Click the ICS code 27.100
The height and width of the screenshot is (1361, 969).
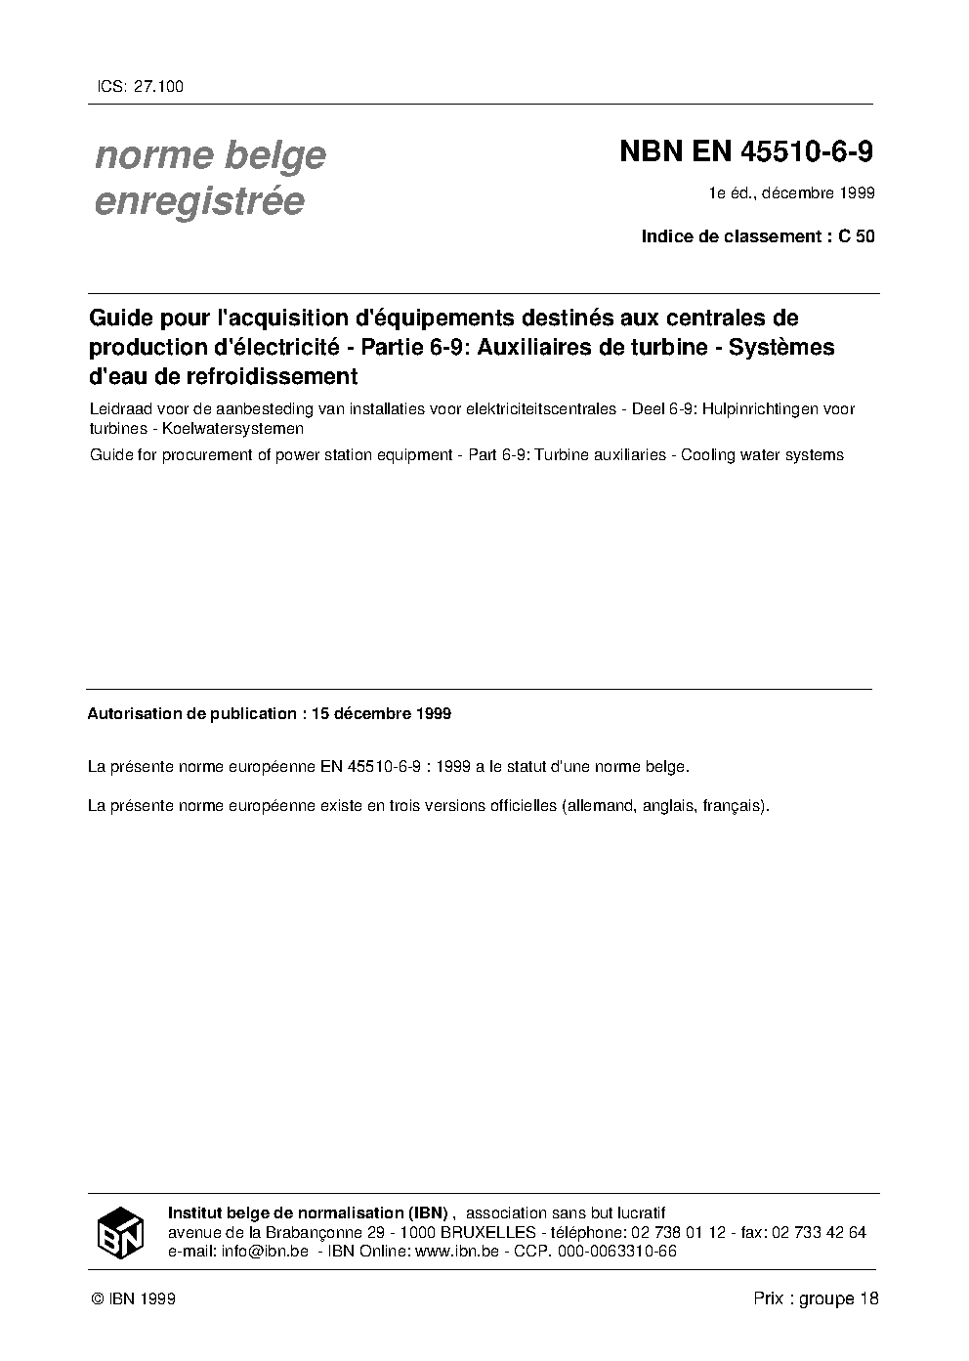(156, 86)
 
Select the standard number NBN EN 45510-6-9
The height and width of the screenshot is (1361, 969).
(746, 153)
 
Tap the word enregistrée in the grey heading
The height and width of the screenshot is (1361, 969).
(199, 201)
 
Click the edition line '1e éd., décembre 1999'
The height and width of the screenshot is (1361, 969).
(791, 192)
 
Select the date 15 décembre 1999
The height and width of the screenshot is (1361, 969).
(381, 713)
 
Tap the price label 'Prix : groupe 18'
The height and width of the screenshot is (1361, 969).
(816, 1298)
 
